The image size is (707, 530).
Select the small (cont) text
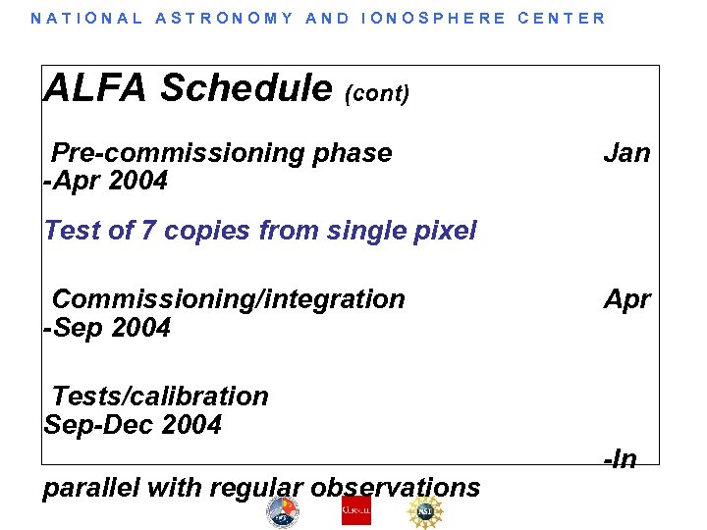tap(377, 93)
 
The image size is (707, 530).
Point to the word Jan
tap(626, 153)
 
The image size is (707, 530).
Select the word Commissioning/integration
tap(228, 299)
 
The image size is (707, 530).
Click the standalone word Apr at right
tap(626, 299)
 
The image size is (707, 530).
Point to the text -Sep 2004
tap(107, 328)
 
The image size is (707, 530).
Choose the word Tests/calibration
tap(160, 397)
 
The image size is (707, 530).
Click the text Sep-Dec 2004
tap(133, 425)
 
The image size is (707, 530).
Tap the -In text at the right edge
tap(620, 458)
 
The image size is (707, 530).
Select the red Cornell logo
tap(356, 511)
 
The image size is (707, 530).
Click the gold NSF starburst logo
tap(425, 511)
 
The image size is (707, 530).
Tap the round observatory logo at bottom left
tap(283, 512)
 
